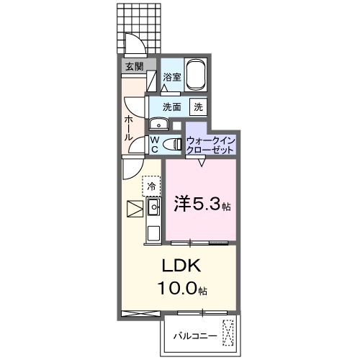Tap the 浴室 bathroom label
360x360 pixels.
(171, 77)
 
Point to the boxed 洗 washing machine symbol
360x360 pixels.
(198, 107)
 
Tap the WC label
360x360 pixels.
(153, 144)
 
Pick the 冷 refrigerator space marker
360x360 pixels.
(151, 186)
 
